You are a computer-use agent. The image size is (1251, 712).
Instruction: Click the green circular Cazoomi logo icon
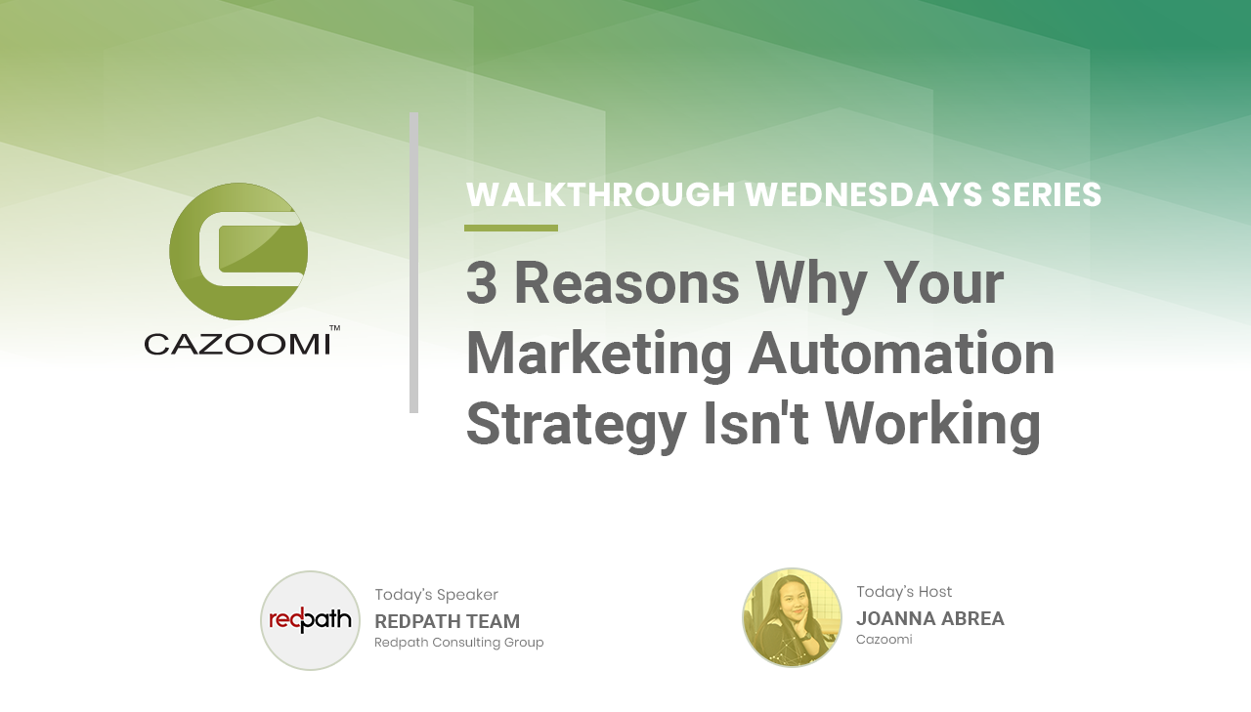click(238, 251)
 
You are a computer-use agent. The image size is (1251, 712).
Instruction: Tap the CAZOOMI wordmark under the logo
click(237, 345)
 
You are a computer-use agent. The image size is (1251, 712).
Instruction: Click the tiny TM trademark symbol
click(334, 328)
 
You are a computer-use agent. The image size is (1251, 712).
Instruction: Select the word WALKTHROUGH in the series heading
click(600, 194)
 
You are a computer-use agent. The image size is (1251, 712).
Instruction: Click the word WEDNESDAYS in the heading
click(863, 194)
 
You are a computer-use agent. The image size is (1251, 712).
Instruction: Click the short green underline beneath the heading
click(511, 228)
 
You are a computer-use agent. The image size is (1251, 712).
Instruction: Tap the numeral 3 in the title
click(482, 283)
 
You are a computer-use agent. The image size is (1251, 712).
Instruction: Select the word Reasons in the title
click(626, 283)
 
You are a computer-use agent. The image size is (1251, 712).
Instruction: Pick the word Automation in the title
click(901, 354)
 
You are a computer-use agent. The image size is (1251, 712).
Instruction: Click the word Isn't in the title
click(755, 423)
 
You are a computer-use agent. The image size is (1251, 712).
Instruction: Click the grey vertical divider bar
click(413, 263)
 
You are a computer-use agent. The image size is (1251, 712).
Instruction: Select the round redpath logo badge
click(311, 620)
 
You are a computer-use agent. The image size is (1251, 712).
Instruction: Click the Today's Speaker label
click(436, 595)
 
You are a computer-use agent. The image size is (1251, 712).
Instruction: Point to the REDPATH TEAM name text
click(448, 621)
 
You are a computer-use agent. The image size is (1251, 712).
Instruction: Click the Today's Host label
click(904, 592)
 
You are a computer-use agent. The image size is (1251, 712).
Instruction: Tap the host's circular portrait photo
click(792, 617)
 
